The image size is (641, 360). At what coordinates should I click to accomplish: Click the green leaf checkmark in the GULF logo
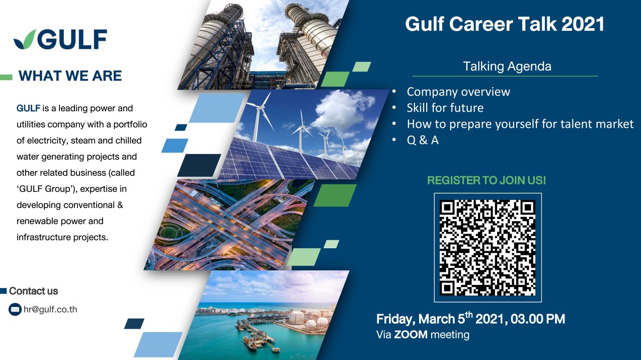tap(25, 40)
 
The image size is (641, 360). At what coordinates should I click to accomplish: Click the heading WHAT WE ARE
tap(70, 76)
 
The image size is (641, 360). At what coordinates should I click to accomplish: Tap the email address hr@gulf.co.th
tap(50, 310)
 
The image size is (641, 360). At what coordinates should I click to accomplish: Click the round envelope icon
tap(15, 310)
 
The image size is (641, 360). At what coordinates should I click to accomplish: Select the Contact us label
tap(34, 291)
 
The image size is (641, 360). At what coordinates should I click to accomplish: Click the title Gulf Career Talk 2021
tap(505, 24)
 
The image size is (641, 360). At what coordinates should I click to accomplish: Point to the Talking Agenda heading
tap(507, 66)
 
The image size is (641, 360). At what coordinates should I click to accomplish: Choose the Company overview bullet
tap(458, 92)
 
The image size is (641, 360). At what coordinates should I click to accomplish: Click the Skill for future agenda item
tap(445, 108)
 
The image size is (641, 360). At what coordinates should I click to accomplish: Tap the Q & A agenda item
tap(423, 140)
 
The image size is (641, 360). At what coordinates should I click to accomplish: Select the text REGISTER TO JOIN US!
tap(487, 180)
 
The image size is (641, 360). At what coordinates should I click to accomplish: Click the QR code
tap(488, 248)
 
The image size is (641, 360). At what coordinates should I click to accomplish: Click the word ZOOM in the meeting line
tap(411, 335)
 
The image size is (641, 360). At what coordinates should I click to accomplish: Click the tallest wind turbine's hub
tap(260, 108)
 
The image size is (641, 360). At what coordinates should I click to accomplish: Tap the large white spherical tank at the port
tap(296, 318)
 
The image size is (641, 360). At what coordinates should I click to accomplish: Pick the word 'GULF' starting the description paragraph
tap(28, 108)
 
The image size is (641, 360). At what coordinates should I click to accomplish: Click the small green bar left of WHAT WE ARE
tap(6, 77)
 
